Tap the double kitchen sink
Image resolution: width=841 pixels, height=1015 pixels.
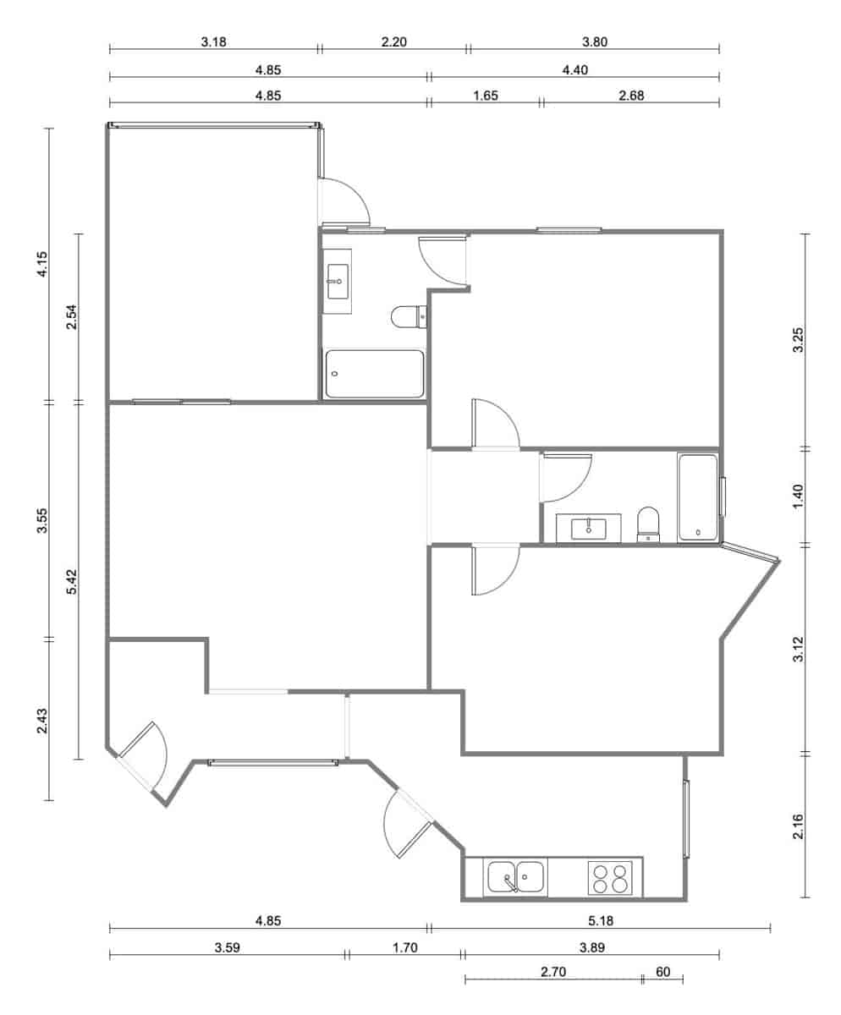(x=515, y=878)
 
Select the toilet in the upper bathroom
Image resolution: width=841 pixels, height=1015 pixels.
(x=409, y=316)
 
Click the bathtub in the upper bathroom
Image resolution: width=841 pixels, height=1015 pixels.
(x=374, y=374)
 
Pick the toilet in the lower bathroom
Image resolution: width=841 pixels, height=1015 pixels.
(x=648, y=524)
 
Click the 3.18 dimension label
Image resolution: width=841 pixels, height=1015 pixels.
(x=214, y=41)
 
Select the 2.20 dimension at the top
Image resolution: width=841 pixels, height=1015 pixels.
(x=393, y=41)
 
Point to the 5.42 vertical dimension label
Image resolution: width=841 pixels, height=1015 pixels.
(x=72, y=581)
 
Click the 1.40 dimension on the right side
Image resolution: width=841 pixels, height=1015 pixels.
(x=796, y=496)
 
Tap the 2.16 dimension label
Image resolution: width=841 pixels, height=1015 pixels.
(x=796, y=826)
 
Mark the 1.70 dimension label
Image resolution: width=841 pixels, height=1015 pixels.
(x=404, y=948)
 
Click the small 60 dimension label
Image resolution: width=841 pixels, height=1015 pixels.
(x=663, y=972)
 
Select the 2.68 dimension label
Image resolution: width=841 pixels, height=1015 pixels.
(x=631, y=95)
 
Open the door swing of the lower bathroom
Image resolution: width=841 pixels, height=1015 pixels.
(x=565, y=478)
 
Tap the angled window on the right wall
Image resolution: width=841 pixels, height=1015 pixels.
(x=750, y=551)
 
